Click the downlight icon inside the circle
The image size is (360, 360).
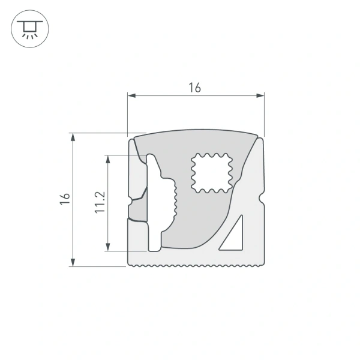click(28, 28)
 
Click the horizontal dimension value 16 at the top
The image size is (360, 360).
click(194, 88)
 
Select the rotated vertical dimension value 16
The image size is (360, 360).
click(65, 199)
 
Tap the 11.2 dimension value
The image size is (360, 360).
click(100, 202)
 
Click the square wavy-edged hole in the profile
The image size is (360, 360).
click(211, 173)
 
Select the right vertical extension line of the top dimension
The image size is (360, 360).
click(264, 114)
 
